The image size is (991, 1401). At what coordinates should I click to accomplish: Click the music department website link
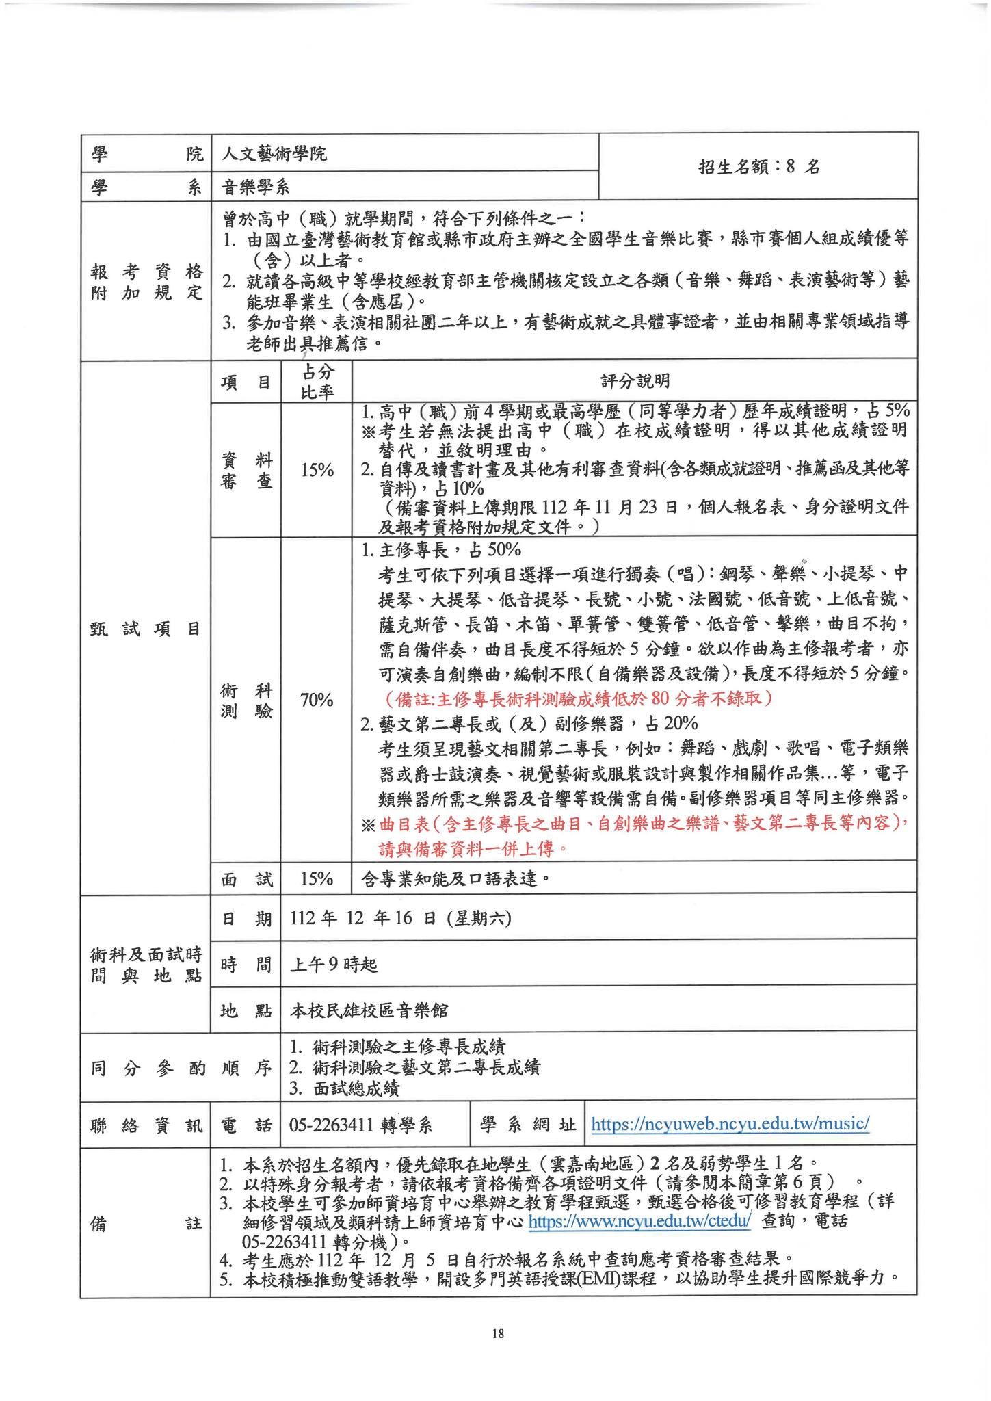[x=729, y=1124]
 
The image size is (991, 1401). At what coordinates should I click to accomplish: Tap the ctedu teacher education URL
[x=641, y=1220]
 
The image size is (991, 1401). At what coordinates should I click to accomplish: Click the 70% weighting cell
[x=316, y=700]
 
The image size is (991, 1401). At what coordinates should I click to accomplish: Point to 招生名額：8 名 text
[x=758, y=167]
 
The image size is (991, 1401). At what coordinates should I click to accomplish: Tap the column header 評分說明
[x=634, y=381]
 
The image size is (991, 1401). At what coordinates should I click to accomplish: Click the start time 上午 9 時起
[x=334, y=964]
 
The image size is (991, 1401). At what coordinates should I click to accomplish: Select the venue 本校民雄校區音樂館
[x=369, y=1009]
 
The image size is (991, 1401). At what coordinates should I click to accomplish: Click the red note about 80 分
[x=579, y=698]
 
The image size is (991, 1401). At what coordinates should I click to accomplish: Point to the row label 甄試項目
[x=145, y=629]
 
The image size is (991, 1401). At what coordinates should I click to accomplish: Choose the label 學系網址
[x=528, y=1125]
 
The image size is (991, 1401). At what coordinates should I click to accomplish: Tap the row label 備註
[x=145, y=1222]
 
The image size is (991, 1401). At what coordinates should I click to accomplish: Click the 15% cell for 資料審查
[x=316, y=470]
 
